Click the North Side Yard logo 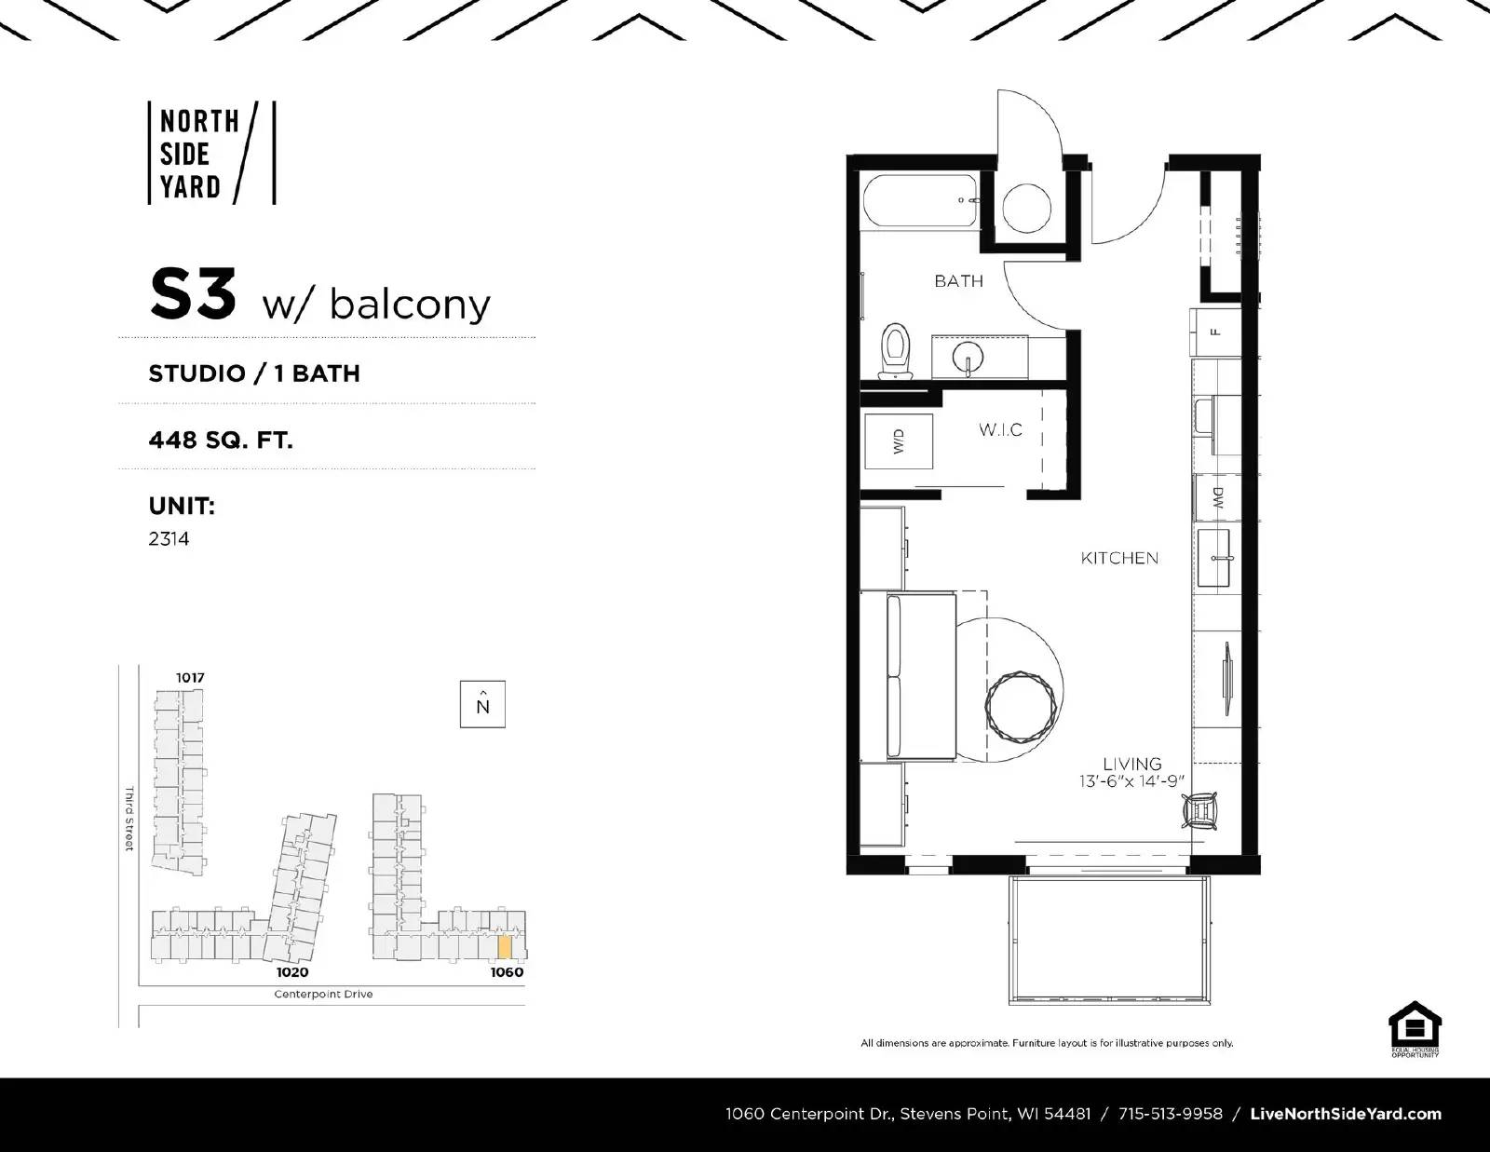(x=211, y=154)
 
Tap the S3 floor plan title (x=194, y=294)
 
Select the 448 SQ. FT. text (x=221, y=439)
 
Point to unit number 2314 (x=169, y=538)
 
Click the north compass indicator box (x=482, y=704)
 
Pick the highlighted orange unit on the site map (x=504, y=946)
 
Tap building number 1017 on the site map (x=190, y=677)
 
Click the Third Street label (x=129, y=819)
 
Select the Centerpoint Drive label (x=323, y=994)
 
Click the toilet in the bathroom (x=896, y=351)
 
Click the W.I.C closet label (x=1000, y=429)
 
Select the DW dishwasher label (x=1217, y=498)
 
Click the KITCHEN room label (x=1119, y=558)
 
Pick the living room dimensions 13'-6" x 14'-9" (x=1132, y=782)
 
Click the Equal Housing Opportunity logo (x=1415, y=1029)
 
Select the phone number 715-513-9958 (x=1171, y=1114)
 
